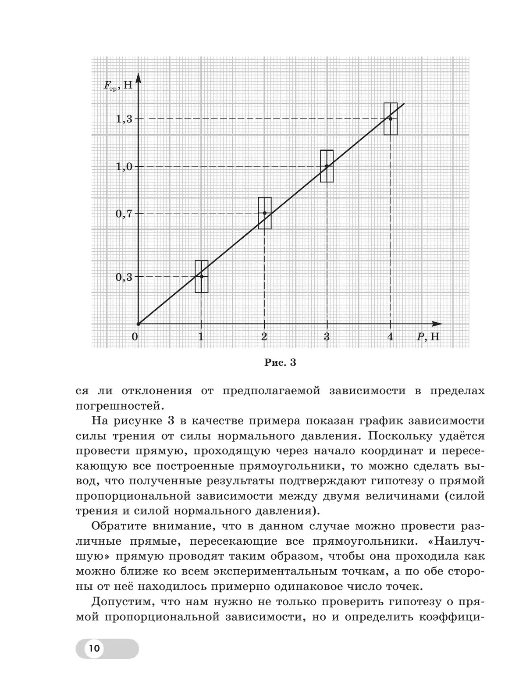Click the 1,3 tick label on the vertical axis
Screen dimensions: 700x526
pyautogui.click(x=123, y=119)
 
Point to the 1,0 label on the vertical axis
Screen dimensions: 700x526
pyautogui.click(x=123, y=166)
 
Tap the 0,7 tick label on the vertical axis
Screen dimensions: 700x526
pyautogui.click(x=123, y=214)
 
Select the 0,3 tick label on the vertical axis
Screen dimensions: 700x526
pyautogui.click(x=123, y=277)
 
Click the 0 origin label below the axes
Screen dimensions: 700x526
pyautogui.click(x=135, y=337)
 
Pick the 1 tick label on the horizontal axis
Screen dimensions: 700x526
pyautogui.click(x=201, y=337)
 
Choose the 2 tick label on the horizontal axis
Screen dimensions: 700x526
pyautogui.click(x=264, y=337)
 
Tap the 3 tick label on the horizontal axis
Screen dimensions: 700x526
pyautogui.click(x=327, y=337)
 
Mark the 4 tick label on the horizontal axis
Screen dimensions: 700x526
pyautogui.click(x=390, y=337)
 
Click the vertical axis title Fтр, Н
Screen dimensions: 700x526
pyautogui.click(x=117, y=85)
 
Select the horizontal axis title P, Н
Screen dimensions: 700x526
pyautogui.click(x=428, y=337)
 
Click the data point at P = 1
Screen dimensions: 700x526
pyautogui.click(x=201, y=276)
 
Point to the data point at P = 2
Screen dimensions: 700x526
pyautogui.click(x=264, y=213)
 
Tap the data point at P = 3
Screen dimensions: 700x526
pyautogui.click(x=327, y=166)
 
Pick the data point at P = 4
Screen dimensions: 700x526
pyautogui.click(x=390, y=119)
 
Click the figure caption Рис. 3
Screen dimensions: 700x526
pyautogui.click(x=281, y=363)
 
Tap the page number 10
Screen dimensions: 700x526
pyautogui.click(x=94, y=648)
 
